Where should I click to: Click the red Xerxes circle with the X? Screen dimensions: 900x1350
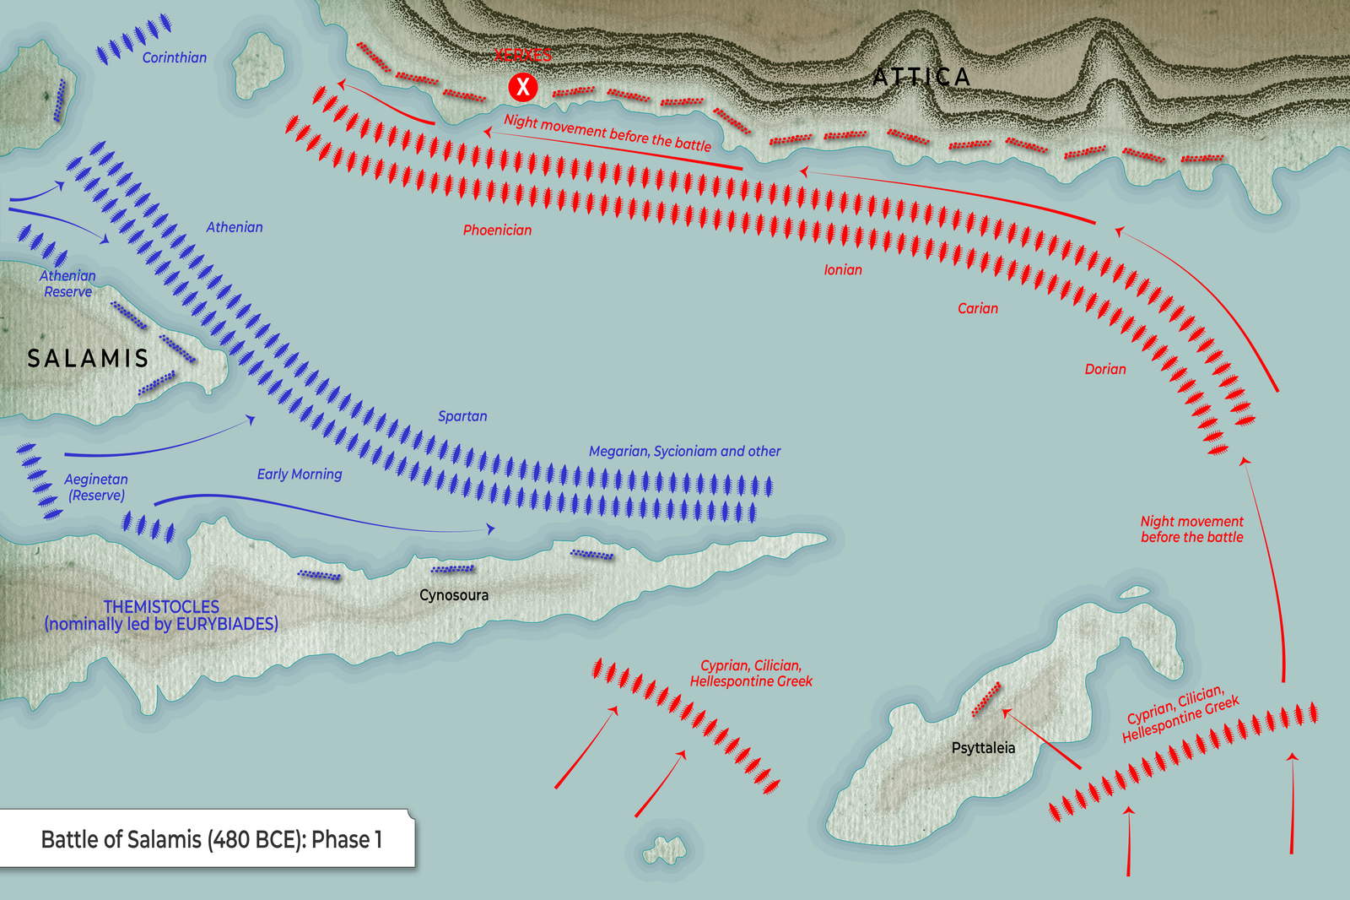[523, 86]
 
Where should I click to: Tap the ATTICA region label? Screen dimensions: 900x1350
[921, 77]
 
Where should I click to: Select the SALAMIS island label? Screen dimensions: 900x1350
[88, 358]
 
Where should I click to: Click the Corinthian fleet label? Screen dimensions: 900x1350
[174, 57]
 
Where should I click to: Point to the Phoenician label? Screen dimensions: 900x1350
[497, 230]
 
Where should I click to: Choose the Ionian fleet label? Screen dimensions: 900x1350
[843, 269]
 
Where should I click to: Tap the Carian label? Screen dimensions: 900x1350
[977, 308]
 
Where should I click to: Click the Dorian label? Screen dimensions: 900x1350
[1104, 369]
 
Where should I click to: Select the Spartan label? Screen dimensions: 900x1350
[462, 416]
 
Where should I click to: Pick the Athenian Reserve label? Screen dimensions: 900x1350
[67, 284]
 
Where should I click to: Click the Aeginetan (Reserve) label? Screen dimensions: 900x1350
[96, 487]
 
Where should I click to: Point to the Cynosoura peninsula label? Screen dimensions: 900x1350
[454, 595]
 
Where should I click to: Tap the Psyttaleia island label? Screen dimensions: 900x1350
[983, 748]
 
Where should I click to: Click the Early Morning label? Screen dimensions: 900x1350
[300, 474]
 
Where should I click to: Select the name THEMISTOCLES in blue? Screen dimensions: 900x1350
[161, 606]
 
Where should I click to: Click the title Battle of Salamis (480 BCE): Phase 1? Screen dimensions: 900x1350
[211, 839]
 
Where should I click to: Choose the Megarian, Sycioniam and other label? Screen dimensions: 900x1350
[684, 452]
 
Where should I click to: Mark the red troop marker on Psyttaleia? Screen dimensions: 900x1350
[985, 699]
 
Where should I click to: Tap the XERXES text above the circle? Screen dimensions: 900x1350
[523, 56]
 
